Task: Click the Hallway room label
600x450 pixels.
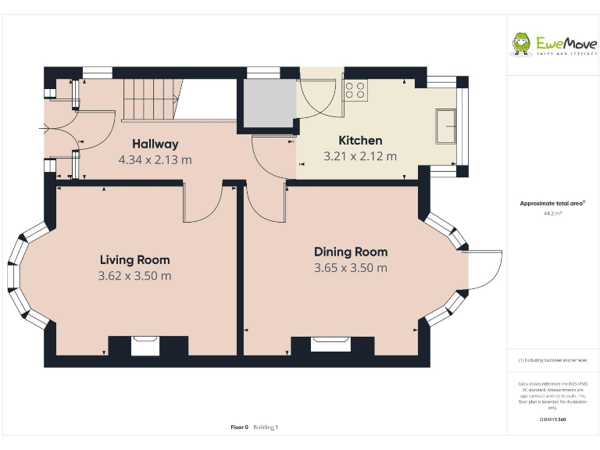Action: click(155, 144)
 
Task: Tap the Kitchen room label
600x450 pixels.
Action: click(360, 141)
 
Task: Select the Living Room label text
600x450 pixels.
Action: click(134, 260)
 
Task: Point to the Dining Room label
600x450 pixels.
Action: click(351, 252)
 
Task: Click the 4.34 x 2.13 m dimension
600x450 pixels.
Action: click(155, 159)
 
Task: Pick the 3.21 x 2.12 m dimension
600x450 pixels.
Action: click(360, 156)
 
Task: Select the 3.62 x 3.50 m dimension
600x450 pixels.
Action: click(134, 276)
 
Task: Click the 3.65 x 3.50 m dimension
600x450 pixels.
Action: click(351, 268)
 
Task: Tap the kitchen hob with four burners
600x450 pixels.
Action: click(355, 90)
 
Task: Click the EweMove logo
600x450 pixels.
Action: click(554, 44)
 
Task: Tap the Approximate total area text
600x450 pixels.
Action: click(553, 203)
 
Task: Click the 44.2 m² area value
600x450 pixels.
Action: click(553, 212)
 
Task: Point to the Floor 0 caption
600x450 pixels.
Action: click(239, 427)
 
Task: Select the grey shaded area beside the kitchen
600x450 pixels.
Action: click(268, 102)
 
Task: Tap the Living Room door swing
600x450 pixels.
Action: click(202, 205)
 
